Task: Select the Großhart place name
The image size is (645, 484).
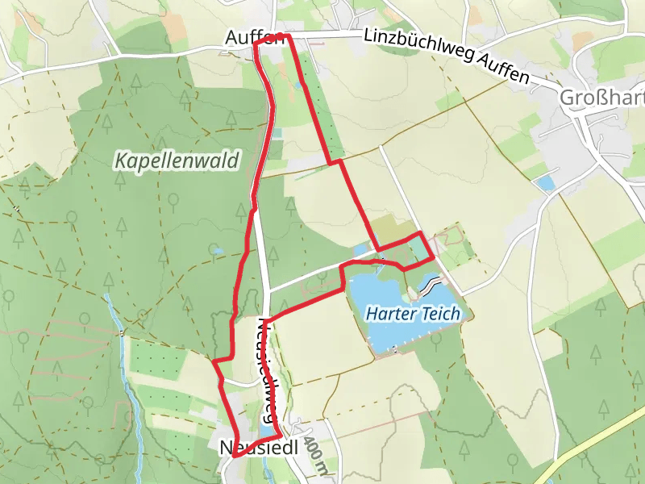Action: click(x=601, y=98)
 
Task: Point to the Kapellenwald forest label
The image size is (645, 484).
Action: click(x=177, y=161)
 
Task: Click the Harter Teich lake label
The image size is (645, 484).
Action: click(x=413, y=313)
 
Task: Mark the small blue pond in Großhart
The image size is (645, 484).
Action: click(x=546, y=183)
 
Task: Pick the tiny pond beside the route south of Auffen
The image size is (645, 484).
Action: click(x=299, y=84)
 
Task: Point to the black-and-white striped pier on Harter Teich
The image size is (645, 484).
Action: click(x=430, y=285)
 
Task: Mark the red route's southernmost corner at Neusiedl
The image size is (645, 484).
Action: click(x=235, y=456)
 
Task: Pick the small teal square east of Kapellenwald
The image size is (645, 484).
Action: click(x=277, y=133)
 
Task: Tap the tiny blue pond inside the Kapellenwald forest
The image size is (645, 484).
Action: click(x=216, y=252)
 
